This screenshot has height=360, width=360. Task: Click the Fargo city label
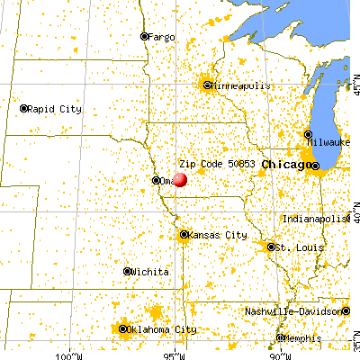pos(162,37)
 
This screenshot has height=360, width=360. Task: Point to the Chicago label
pos(283,166)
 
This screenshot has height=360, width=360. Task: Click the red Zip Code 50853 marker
pos(180,179)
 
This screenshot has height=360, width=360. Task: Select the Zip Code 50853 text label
pos(219,165)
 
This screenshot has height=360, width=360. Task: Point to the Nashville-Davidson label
pos(296,312)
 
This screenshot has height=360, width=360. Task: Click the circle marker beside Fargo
pos(144,37)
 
